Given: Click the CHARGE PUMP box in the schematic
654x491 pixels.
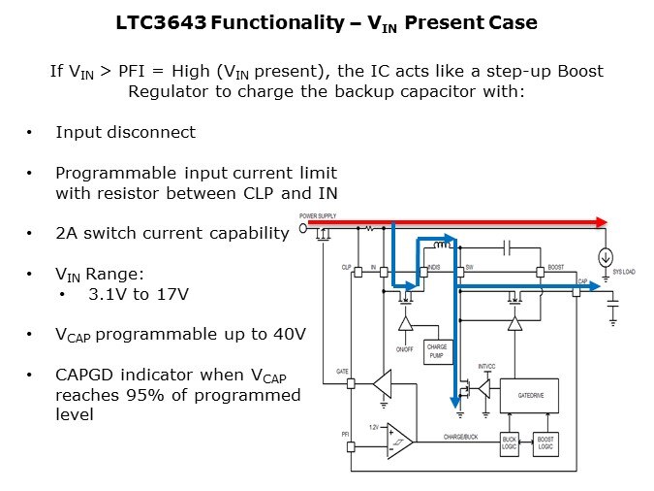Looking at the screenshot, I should click(x=437, y=351).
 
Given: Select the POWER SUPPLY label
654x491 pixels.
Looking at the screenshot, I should click(x=319, y=215).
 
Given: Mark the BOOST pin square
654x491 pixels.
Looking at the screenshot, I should click(x=541, y=274).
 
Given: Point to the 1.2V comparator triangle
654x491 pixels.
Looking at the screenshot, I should click(x=397, y=441).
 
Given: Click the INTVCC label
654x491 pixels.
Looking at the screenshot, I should click(x=486, y=366).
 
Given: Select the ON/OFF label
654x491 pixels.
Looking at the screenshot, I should click(x=404, y=347).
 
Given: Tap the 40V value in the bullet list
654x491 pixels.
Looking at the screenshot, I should click(x=288, y=334).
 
